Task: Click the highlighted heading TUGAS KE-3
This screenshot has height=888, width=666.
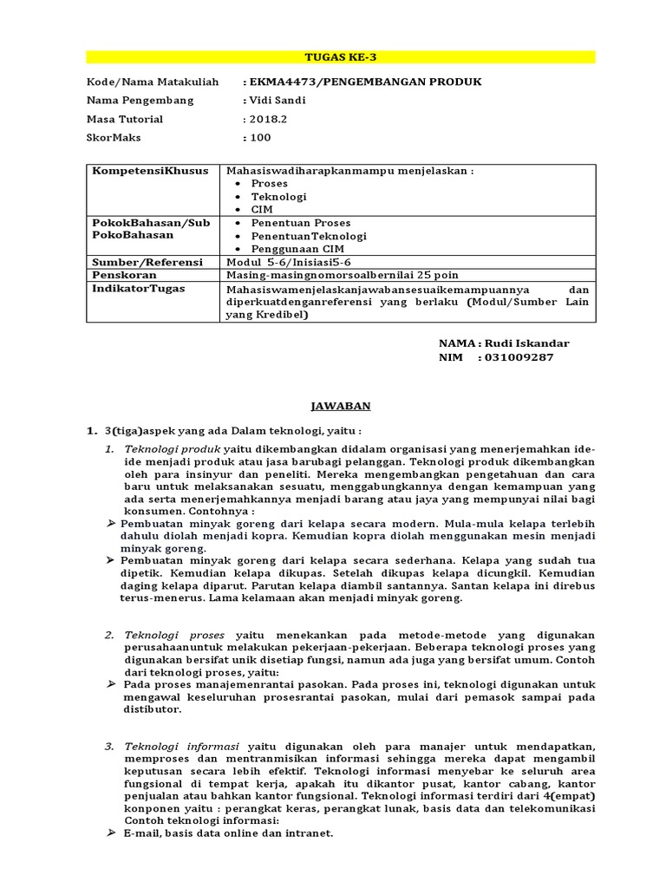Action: pyautogui.click(x=341, y=57)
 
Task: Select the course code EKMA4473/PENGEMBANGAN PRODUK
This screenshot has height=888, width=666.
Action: pyautogui.click(x=364, y=82)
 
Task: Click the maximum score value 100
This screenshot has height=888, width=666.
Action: pyautogui.click(x=260, y=137)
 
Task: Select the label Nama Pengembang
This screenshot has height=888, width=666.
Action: pyautogui.click(x=140, y=100)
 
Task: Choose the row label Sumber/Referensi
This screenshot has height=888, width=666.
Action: pyautogui.click(x=147, y=262)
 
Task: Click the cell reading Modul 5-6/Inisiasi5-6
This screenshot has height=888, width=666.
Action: pyautogui.click(x=288, y=262)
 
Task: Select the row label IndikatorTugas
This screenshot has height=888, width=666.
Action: pyautogui.click(x=139, y=288)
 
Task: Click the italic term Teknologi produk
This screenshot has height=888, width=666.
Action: pyautogui.click(x=173, y=450)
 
